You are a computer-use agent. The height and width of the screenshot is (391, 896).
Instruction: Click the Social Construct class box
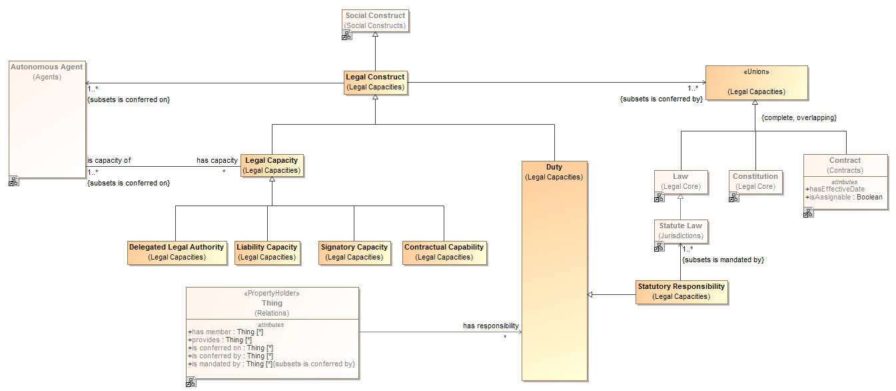pos(375,21)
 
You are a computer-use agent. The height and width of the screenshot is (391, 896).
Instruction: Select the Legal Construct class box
pos(375,82)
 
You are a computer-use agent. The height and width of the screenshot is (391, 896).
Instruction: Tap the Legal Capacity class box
pos(272,165)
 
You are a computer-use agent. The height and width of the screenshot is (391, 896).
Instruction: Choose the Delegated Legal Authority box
pos(177,252)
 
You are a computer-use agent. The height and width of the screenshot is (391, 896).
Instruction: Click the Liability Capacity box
pos(266,252)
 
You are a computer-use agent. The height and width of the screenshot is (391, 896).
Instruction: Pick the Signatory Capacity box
pos(354,252)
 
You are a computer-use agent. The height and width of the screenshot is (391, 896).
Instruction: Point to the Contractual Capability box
pos(444,252)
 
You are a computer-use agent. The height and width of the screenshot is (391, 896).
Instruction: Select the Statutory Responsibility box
pos(681,292)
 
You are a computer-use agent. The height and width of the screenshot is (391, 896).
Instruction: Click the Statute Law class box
pos(680,231)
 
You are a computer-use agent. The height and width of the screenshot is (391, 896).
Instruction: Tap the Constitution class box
pos(755,181)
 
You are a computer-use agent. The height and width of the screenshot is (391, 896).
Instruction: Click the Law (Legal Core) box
pos(680,181)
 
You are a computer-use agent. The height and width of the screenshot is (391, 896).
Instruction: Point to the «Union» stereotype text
pos(755,71)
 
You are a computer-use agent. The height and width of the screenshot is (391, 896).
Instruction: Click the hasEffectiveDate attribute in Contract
pos(837,189)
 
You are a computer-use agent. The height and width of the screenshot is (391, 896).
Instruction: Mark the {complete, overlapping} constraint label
pos(799,117)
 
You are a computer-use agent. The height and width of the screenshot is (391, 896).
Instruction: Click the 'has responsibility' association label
pos(491,326)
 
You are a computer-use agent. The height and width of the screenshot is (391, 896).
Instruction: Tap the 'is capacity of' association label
pos(109,160)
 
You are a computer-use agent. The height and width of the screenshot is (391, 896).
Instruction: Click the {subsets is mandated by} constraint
pos(723,260)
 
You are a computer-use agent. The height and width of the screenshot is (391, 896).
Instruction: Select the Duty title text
pos(554,167)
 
